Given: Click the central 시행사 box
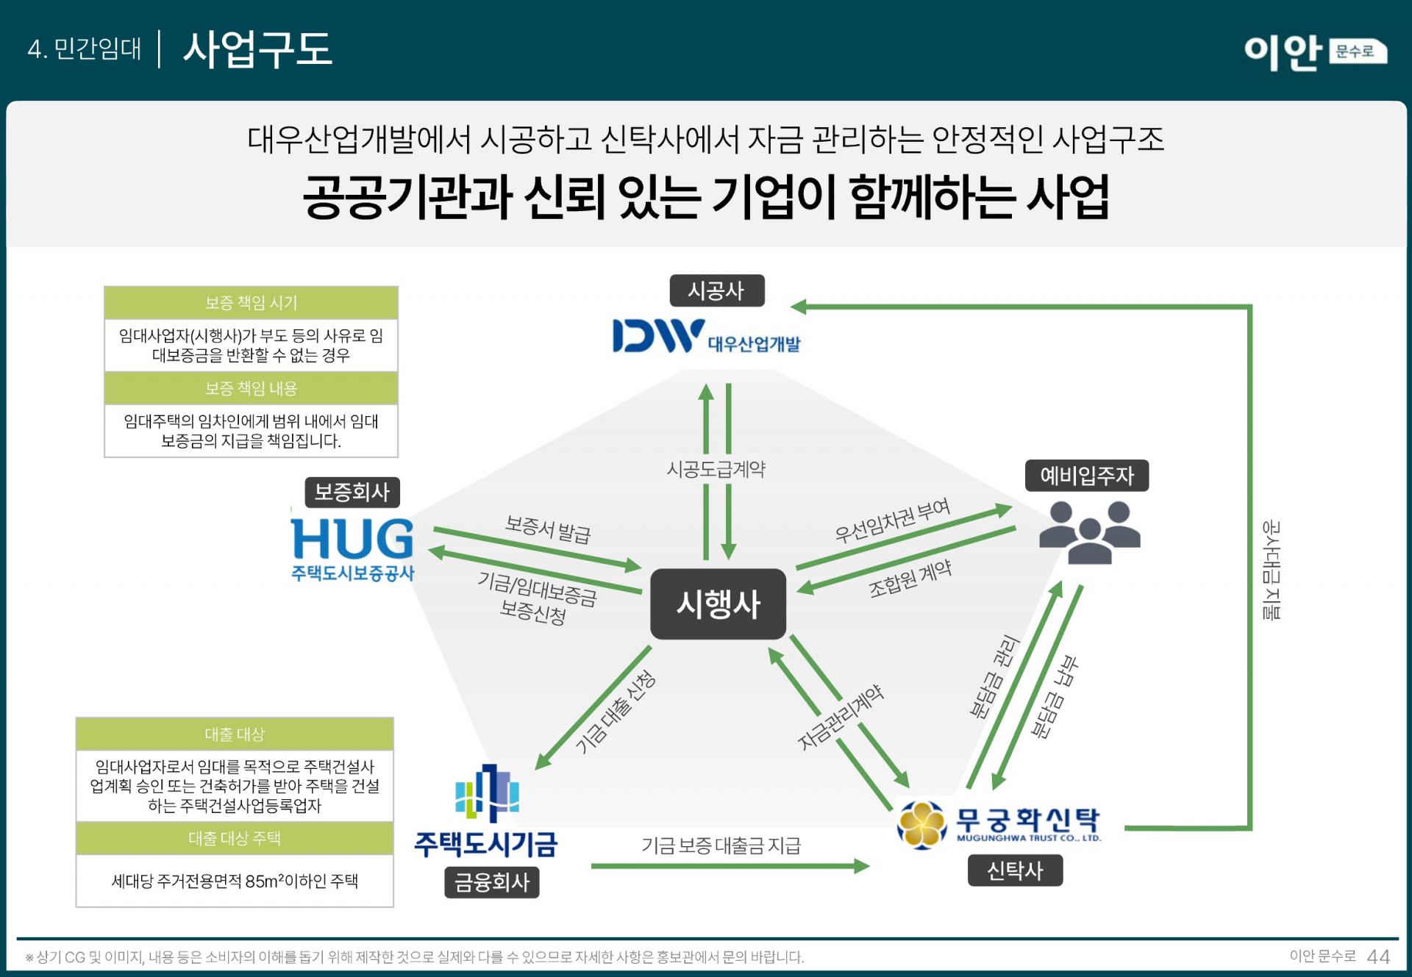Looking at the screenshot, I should pyautogui.click(x=718, y=604).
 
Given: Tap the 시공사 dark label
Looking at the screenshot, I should pyautogui.click(x=716, y=290).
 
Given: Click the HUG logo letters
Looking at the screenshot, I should pyautogui.click(x=352, y=539).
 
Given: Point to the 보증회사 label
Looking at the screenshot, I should pyautogui.click(x=352, y=492).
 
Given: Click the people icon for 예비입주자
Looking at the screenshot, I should pyautogui.click(x=1089, y=532).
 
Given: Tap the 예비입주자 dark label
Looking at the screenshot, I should pyautogui.click(x=1086, y=476).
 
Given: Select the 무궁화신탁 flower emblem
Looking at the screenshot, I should pyautogui.click(x=922, y=824).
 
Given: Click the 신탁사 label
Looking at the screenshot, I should pyautogui.click(x=1014, y=870).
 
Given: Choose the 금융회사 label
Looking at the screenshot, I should pyautogui.click(x=491, y=882).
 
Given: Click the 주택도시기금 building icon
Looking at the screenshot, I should pyautogui.click(x=487, y=794).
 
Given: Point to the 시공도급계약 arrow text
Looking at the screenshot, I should pyautogui.click(x=716, y=469).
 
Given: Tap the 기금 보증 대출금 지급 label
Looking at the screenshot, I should pyautogui.click(x=721, y=845).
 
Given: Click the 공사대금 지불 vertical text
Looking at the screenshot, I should pyautogui.click(x=1271, y=570).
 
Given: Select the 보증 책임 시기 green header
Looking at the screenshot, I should pyautogui.click(x=251, y=303).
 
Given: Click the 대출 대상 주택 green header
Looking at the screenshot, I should pyautogui.click(x=235, y=838).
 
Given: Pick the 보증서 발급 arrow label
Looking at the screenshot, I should pyautogui.click(x=548, y=529).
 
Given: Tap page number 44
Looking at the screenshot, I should pyautogui.click(x=1378, y=956).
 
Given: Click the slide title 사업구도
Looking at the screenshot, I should pyautogui.click(x=257, y=49).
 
